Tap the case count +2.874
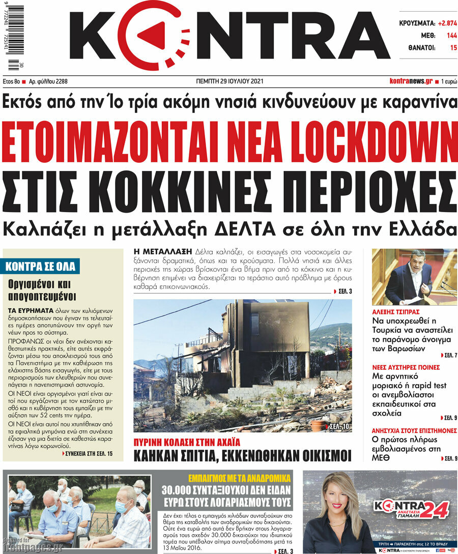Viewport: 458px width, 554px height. tap(446, 23)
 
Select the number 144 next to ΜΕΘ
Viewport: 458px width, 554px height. tap(451, 36)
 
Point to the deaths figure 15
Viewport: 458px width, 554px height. tap(453, 48)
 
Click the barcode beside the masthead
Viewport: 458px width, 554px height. tap(16, 36)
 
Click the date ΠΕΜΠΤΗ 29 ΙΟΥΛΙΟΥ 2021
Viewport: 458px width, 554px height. tap(230, 81)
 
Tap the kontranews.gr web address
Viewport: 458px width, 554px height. tap(411, 81)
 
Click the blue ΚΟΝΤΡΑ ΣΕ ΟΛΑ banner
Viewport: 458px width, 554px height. tap(41, 266)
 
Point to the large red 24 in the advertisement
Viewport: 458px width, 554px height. tap(434, 508)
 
